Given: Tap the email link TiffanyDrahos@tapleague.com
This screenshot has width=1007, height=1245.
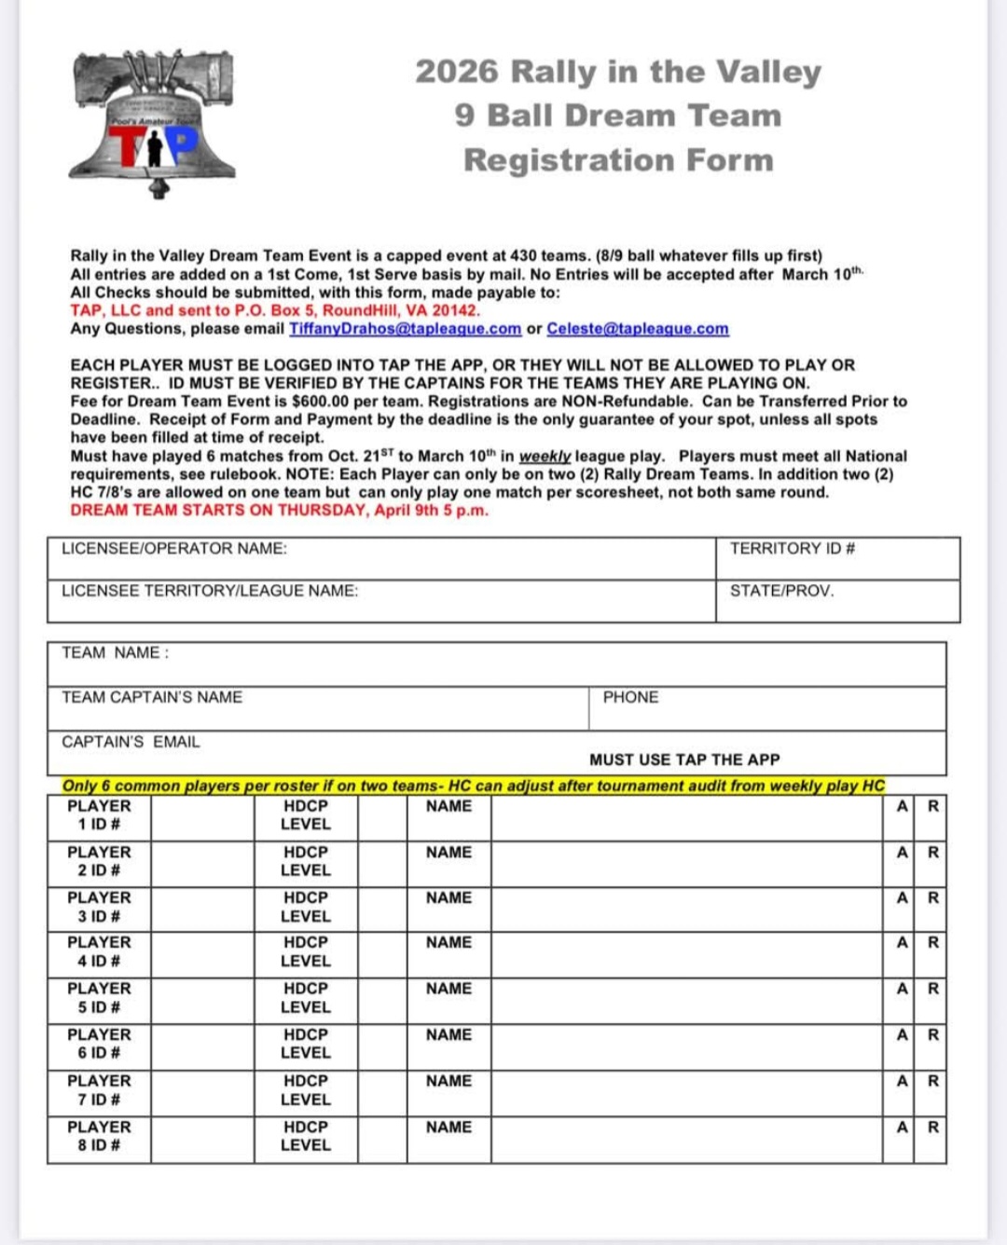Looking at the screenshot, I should click(405, 329).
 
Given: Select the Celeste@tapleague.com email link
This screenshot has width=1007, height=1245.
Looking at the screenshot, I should click(637, 329).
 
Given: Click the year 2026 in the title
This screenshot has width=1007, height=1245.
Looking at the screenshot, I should click(457, 72).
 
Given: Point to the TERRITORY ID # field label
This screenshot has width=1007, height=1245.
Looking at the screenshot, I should click(792, 549).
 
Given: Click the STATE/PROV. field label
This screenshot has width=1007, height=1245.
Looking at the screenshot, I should click(781, 591).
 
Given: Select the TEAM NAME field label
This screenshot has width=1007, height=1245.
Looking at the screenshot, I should click(115, 653).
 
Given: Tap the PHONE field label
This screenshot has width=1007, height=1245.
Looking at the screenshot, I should click(630, 697).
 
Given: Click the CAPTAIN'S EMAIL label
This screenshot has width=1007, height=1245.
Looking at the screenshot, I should click(131, 742).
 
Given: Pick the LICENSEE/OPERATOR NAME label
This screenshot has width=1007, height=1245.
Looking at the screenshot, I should click(173, 549).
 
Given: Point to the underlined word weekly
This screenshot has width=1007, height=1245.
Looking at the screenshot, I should click(545, 457).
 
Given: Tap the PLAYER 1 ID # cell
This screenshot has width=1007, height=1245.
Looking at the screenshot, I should click(99, 815).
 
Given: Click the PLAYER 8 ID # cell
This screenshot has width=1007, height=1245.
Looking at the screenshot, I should click(99, 1136).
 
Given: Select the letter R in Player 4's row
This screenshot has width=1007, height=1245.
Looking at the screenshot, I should click(932, 942).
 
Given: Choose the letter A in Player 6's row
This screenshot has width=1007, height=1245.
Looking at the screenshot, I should click(902, 1034).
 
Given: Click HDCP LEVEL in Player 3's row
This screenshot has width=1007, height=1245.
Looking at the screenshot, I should click(306, 907).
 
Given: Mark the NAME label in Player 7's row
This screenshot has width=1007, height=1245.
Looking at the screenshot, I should click(448, 1081).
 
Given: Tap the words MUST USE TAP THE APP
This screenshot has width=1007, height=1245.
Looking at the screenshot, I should click(684, 760).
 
